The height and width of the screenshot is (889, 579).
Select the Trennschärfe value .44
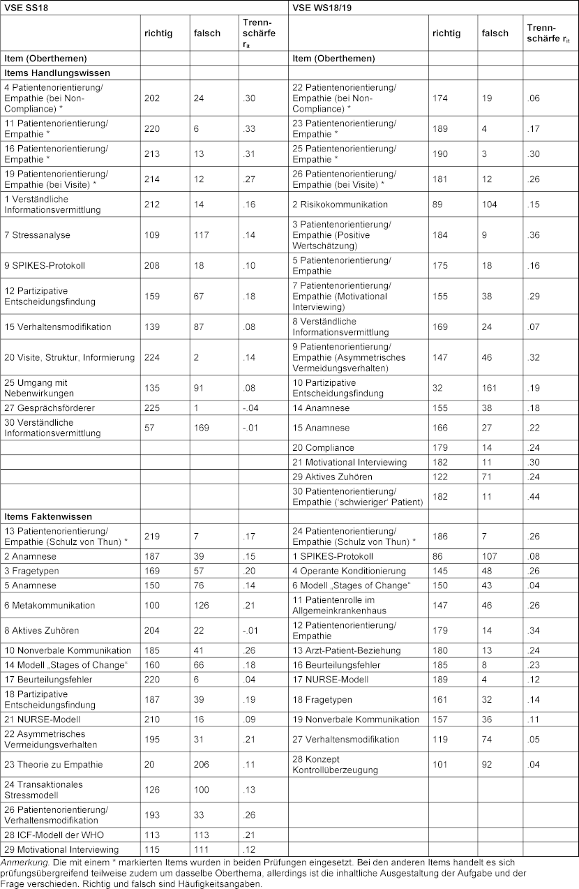pyautogui.click(x=533, y=497)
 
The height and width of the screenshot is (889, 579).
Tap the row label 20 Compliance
pyautogui.click(x=323, y=447)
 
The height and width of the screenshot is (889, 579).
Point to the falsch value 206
pyautogui.click(x=203, y=765)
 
